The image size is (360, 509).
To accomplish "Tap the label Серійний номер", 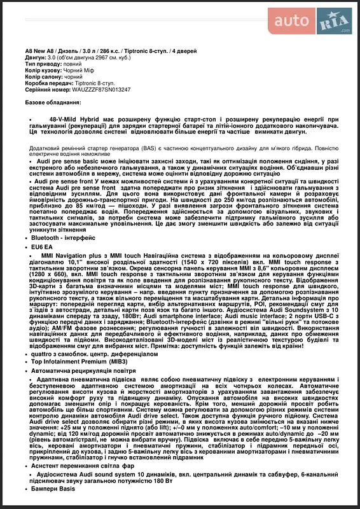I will click(46, 90).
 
